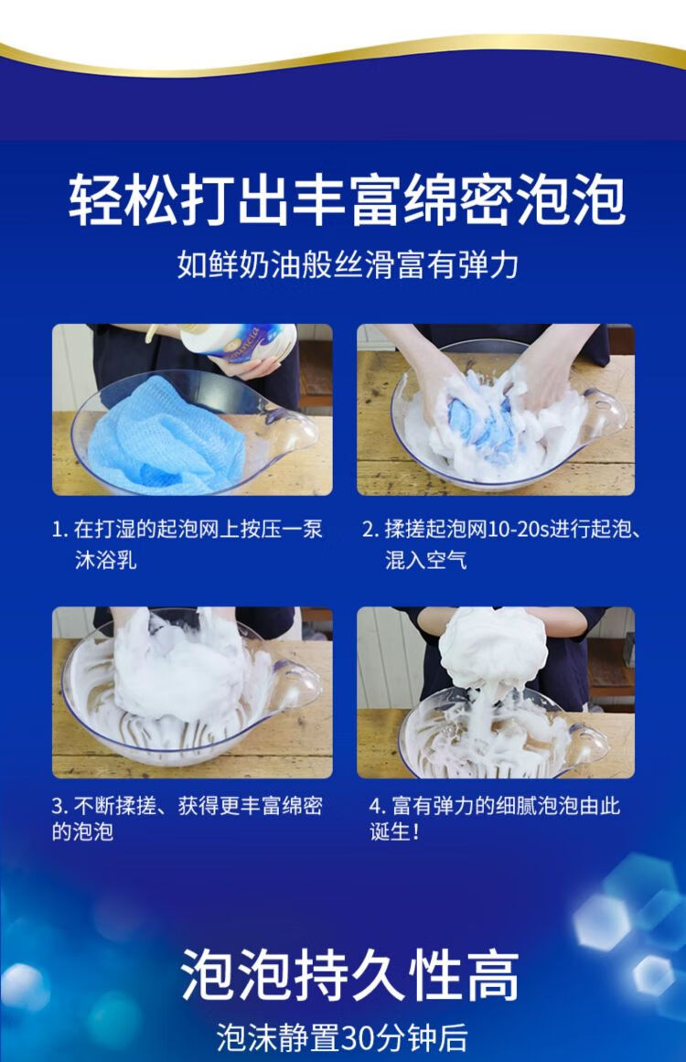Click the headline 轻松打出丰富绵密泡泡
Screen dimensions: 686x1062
click(346, 199)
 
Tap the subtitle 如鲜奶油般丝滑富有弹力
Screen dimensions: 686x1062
click(348, 263)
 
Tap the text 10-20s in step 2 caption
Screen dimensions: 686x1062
click(518, 529)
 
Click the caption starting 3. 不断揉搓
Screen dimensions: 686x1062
click(187, 818)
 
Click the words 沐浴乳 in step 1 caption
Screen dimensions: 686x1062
click(105, 560)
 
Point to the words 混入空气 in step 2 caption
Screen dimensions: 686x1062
click(425, 560)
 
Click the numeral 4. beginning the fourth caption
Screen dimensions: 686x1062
click(377, 806)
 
